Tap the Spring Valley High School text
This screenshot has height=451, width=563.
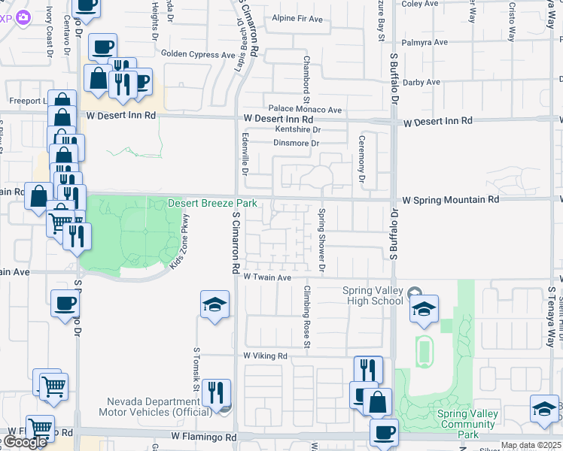click(373, 296)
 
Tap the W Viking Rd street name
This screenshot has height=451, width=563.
click(265, 356)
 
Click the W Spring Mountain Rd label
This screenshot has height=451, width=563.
click(451, 201)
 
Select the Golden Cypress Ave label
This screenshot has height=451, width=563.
click(199, 54)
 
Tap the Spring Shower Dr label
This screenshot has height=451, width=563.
click(321, 240)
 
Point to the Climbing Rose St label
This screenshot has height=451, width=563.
click(307, 316)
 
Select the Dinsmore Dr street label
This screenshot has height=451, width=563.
click(297, 143)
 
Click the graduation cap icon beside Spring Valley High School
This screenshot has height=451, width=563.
click(424, 308)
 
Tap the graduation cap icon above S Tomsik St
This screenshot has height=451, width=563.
click(215, 304)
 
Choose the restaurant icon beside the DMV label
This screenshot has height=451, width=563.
click(215, 392)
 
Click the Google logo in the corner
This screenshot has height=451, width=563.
click(25, 443)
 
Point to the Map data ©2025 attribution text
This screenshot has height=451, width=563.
click(531, 445)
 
